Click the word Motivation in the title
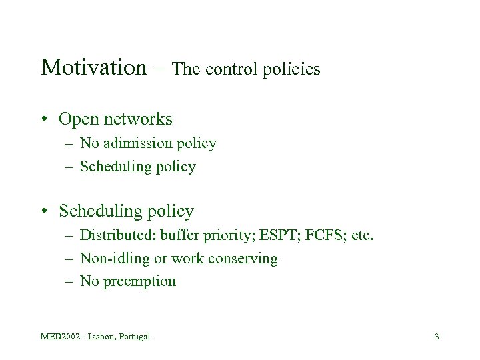click(92, 67)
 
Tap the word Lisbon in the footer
click(102, 336)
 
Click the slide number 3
click(436, 336)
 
